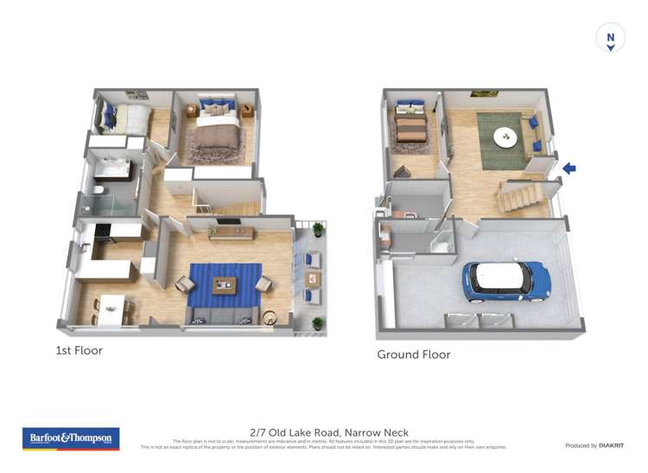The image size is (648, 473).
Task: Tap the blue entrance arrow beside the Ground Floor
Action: tap(569, 169)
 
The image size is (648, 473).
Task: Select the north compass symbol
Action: tap(611, 39)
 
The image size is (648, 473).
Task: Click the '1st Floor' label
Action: tap(79, 350)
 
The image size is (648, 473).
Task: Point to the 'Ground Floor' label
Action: tap(413, 355)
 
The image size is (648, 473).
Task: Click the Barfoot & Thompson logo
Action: tap(71, 438)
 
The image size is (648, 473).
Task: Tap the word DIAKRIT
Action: tap(611, 445)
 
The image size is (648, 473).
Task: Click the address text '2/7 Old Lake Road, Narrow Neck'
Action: tap(328, 432)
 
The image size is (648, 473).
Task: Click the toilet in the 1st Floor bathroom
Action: tap(99, 190)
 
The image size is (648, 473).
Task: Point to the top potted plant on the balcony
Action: tap(318, 229)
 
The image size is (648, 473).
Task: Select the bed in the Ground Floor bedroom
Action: tap(411, 127)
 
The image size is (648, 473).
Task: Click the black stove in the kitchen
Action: tap(104, 230)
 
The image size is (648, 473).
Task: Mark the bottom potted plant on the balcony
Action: tap(318, 323)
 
